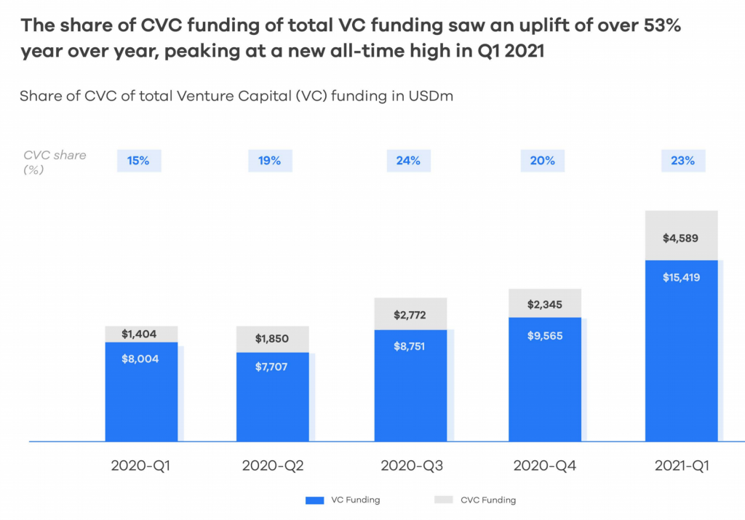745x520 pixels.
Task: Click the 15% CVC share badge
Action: pyautogui.click(x=138, y=161)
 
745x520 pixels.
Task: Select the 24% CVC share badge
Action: pyautogui.click(x=408, y=161)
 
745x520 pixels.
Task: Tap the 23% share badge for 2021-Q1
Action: pyautogui.click(x=683, y=161)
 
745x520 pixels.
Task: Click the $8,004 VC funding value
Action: pyautogui.click(x=140, y=358)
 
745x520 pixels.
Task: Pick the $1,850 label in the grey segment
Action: pyautogui.click(x=272, y=339)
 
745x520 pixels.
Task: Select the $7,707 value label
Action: pyautogui.click(x=272, y=367)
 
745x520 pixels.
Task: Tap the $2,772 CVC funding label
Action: pyautogui.click(x=410, y=315)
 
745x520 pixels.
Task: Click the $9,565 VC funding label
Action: pyautogui.click(x=545, y=335)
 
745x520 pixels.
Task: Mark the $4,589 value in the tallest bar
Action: pyautogui.click(x=682, y=237)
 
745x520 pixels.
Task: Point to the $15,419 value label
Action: pyautogui.click(x=682, y=277)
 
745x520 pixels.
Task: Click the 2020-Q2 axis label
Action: pyautogui.click(x=272, y=465)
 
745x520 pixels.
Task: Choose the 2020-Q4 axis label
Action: pyautogui.click(x=544, y=465)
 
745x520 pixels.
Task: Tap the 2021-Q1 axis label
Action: pyautogui.click(x=681, y=465)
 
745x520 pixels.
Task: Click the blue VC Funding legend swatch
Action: pyautogui.click(x=314, y=500)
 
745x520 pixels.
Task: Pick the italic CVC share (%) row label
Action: pyautogui.click(x=55, y=161)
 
